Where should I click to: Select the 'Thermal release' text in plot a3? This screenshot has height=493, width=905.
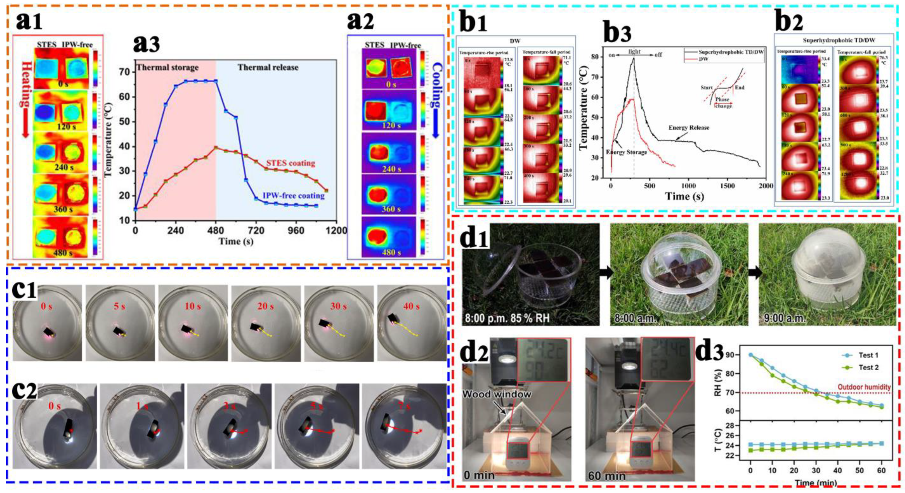pyautogui.click(x=268, y=67)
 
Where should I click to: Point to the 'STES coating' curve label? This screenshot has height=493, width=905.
pyautogui.click(x=290, y=163)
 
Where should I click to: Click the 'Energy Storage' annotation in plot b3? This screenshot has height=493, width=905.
pyautogui.click(x=627, y=152)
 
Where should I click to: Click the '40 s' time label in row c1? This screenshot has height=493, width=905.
pyautogui.click(x=411, y=306)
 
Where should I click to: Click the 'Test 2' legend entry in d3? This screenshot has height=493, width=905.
pyautogui.click(x=868, y=367)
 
